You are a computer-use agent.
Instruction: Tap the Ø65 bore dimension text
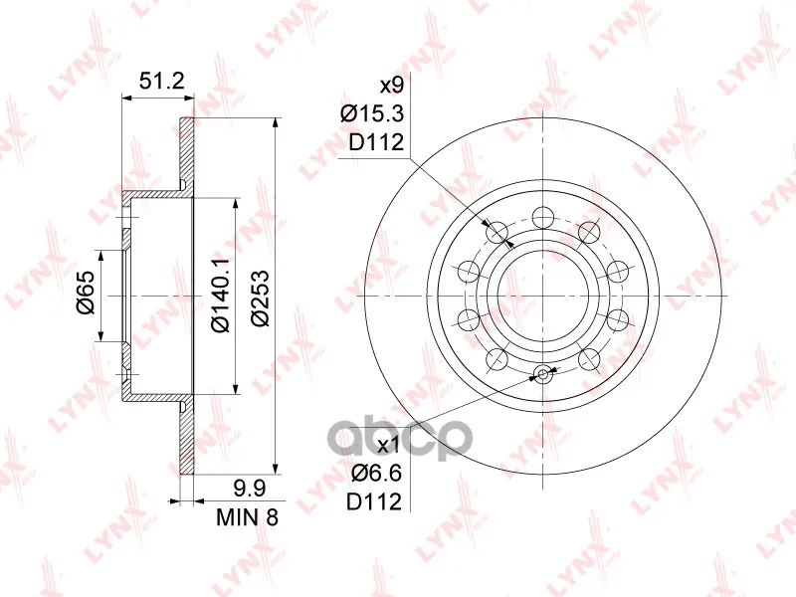point(87,293)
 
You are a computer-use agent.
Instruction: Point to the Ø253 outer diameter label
point(260,298)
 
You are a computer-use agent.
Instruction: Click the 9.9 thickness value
point(249,489)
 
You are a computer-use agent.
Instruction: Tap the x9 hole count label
point(391,86)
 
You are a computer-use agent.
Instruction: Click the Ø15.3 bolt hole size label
point(372,114)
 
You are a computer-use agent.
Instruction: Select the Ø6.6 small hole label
point(377,474)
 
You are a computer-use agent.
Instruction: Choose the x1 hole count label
point(390,446)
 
